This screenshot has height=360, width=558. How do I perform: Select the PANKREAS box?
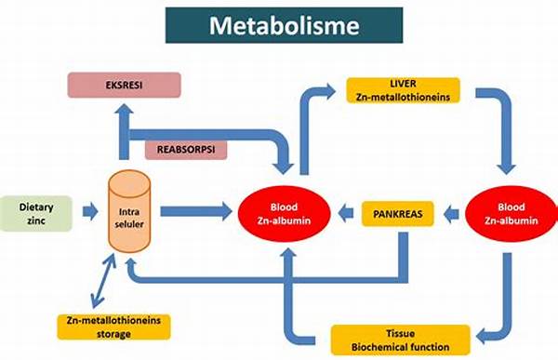(x=398, y=214)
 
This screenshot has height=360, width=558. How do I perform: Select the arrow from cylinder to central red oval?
(x=195, y=213)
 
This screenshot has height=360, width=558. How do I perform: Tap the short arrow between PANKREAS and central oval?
(x=346, y=214)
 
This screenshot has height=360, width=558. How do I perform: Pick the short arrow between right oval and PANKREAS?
(x=452, y=214)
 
